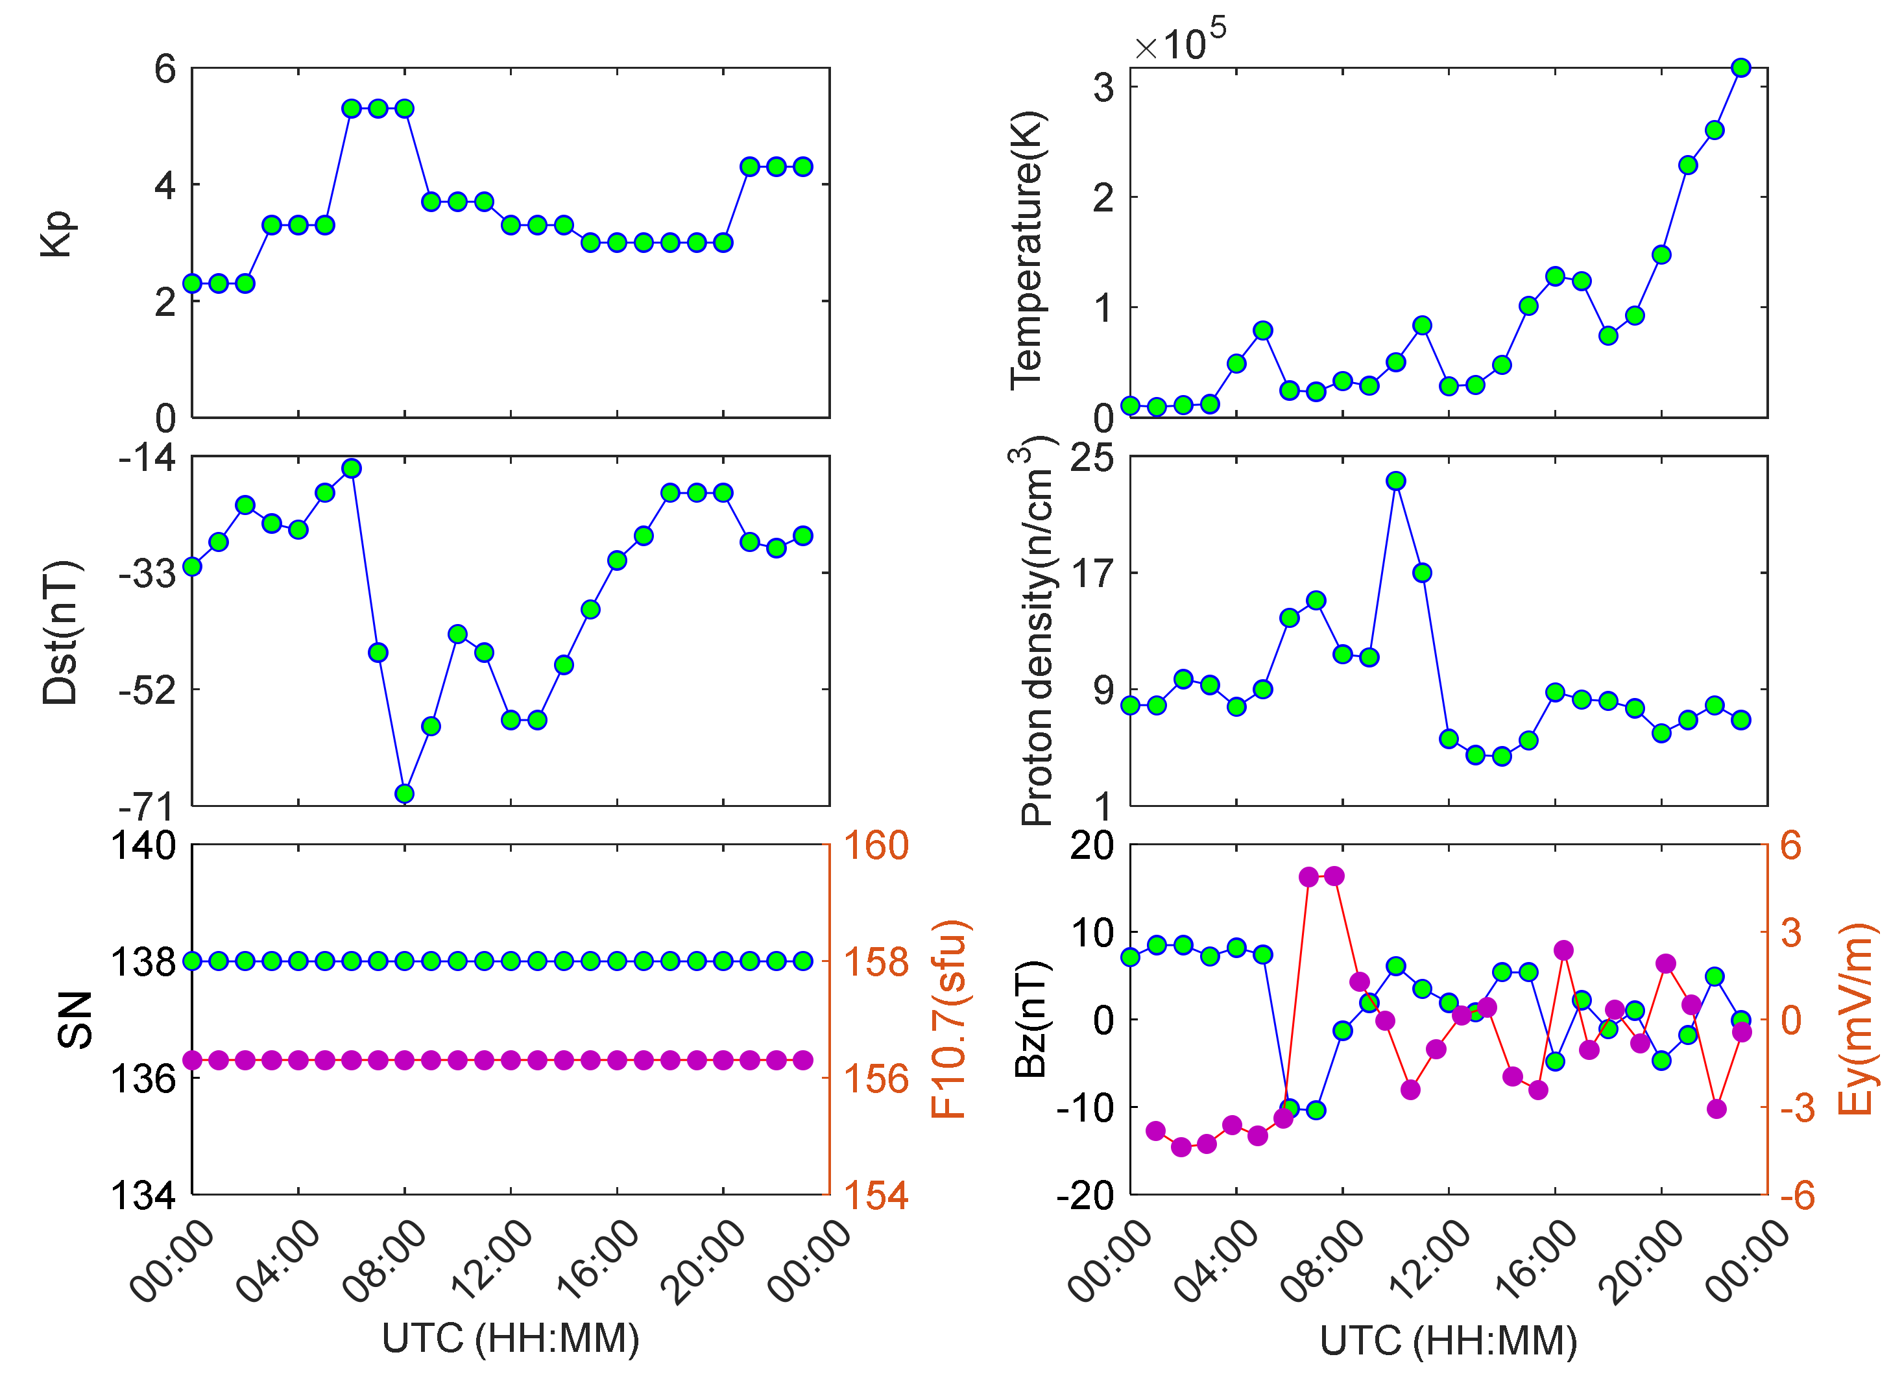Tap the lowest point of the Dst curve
tap(404, 793)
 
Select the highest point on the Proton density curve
tap(1395, 481)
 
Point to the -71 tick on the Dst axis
tap(147, 807)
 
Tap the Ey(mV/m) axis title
tap(1855, 1019)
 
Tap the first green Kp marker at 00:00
tap(192, 283)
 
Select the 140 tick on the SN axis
tap(143, 845)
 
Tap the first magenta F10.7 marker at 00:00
tap(192, 1060)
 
